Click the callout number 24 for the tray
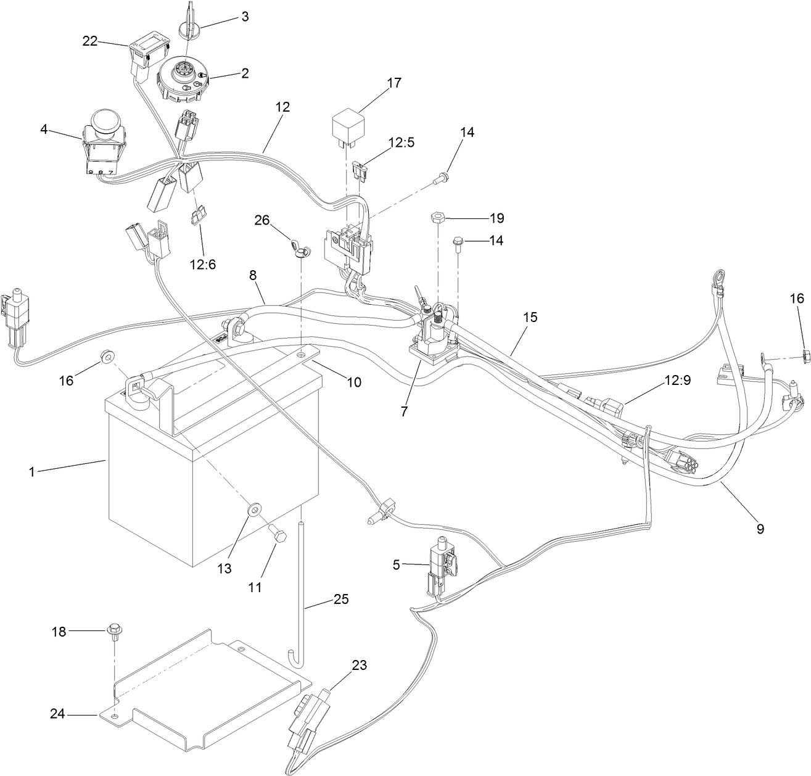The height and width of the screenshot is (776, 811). (x=57, y=714)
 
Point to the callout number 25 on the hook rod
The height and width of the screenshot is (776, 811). (x=341, y=598)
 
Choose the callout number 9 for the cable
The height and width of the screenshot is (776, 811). (x=760, y=528)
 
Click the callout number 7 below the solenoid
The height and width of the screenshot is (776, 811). (x=404, y=411)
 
